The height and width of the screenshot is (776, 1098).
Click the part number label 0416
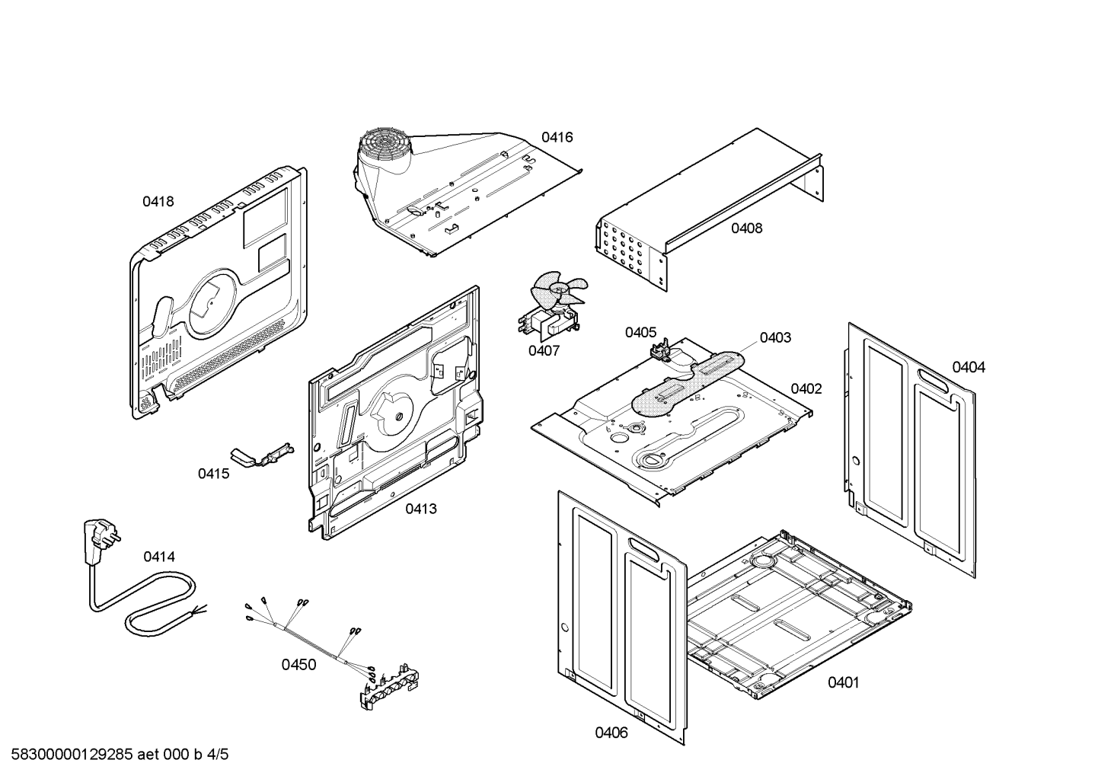557,138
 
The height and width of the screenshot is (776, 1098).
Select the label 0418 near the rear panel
158,202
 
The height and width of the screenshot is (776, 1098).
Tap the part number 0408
746,228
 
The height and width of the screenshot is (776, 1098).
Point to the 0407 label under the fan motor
544,351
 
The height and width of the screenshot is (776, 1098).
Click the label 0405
640,332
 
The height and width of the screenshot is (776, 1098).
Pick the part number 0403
774,337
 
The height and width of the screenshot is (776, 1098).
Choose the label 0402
806,389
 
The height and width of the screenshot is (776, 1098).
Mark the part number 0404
969,368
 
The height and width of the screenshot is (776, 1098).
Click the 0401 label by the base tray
843,683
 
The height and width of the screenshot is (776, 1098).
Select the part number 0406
611,733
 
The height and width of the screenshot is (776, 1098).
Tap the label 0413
420,509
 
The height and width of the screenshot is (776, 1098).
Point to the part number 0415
213,474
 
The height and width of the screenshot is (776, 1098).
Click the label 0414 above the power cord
158,557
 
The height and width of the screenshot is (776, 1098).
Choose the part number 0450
298,665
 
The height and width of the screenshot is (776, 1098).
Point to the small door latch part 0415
263,455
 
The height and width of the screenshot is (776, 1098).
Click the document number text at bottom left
115,755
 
